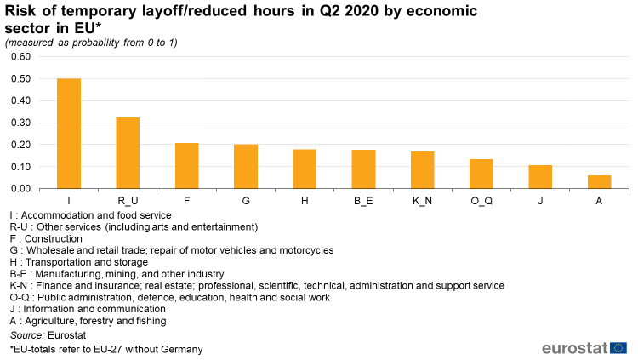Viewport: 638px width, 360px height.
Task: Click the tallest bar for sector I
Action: tap(69, 134)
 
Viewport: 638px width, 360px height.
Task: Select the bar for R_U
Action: tap(128, 153)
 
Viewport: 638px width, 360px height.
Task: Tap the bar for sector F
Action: tap(187, 166)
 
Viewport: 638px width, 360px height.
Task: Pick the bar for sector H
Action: tap(305, 169)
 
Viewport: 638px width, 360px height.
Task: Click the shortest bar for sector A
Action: tap(599, 182)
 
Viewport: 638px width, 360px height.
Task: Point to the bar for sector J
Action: tap(540, 177)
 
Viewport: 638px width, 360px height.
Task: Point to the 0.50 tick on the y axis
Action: tap(20, 79)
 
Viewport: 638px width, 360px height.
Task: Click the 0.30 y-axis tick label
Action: tap(20, 123)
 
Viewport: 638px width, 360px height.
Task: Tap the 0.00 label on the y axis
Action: tap(20, 188)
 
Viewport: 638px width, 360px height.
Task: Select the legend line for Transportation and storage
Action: tap(83, 262)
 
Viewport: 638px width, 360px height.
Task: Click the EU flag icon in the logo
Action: tap(618, 347)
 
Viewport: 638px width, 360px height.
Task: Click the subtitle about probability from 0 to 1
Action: tap(91, 43)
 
